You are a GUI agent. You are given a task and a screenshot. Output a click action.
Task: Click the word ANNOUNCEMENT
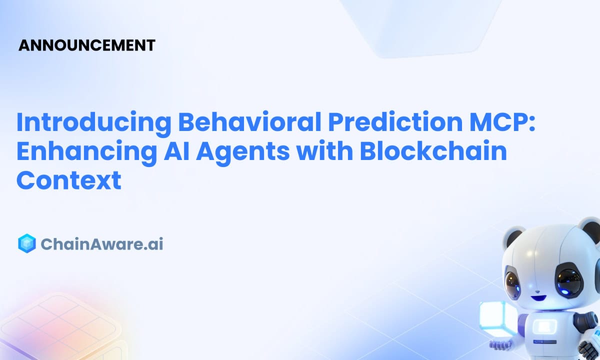(86, 45)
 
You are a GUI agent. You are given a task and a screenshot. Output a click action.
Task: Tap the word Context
(68, 180)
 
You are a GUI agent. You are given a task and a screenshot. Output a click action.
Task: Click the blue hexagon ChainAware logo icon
(26, 243)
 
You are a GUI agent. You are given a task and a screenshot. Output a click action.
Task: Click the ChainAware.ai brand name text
(102, 244)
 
